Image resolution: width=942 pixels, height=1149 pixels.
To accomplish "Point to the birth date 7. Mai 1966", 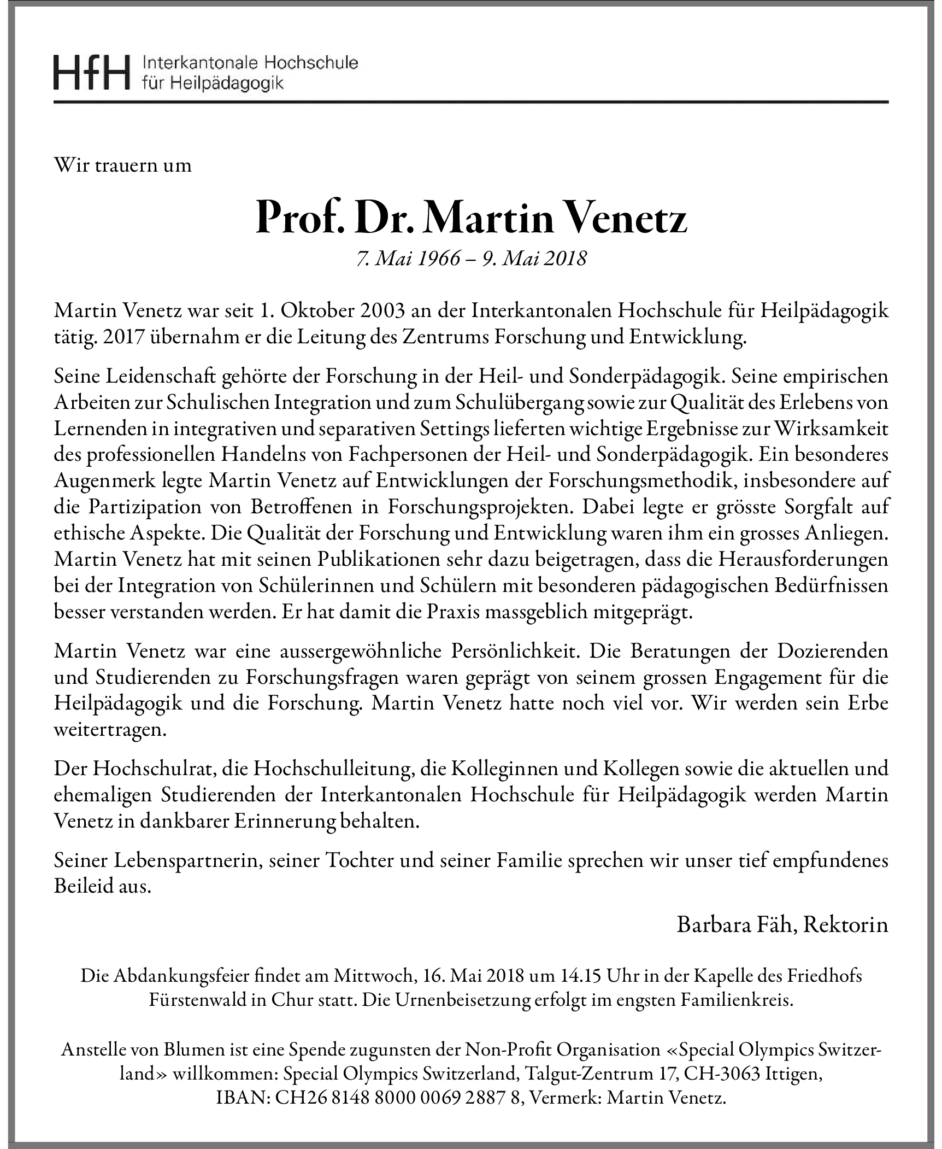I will (x=408, y=259).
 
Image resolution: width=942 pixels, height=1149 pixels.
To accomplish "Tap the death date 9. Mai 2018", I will (x=534, y=259).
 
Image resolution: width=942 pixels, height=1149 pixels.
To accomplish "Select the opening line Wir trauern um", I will (x=123, y=166).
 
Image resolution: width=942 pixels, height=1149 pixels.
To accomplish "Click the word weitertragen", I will (x=109, y=730).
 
